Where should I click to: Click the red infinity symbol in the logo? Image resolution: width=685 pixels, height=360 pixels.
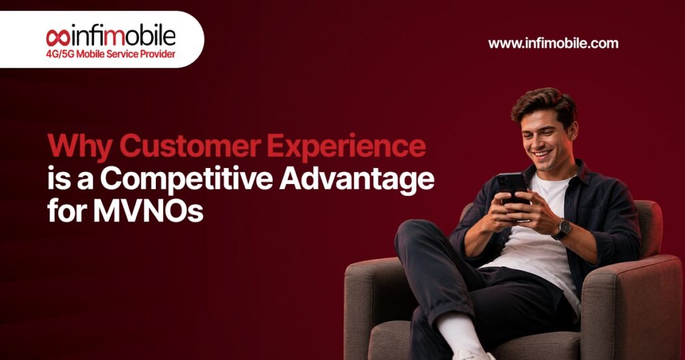(58, 37)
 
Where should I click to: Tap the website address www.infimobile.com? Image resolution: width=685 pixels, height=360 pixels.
(553, 43)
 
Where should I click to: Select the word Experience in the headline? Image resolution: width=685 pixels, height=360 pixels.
(347, 147)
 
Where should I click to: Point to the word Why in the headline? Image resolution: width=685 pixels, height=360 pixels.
(80, 147)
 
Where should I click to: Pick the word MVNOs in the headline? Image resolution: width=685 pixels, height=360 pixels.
(149, 211)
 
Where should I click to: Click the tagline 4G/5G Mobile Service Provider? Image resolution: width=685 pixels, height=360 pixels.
(110, 54)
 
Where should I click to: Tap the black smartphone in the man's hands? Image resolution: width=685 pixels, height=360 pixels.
(512, 188)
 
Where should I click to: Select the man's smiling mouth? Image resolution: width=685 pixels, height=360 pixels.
(541, 154)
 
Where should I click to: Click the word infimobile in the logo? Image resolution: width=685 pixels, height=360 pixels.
(122, 37)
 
